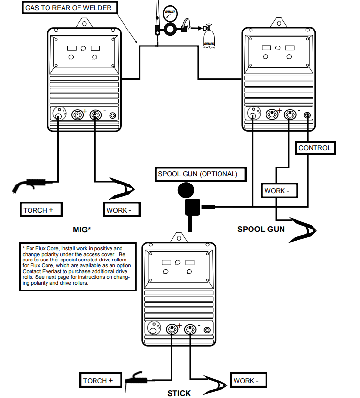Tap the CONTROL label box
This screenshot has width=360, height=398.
coord(315,148)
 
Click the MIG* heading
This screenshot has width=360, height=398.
coord(81,230)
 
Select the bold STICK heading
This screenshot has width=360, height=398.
coord(179,393)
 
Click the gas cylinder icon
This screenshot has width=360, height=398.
coord(209,36)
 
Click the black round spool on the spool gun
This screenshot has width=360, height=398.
coord(186,190)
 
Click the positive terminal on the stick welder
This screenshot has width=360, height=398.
coord(172,329)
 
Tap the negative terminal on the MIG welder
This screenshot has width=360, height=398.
coord(95,115)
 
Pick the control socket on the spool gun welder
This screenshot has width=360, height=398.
coord(307,116)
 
